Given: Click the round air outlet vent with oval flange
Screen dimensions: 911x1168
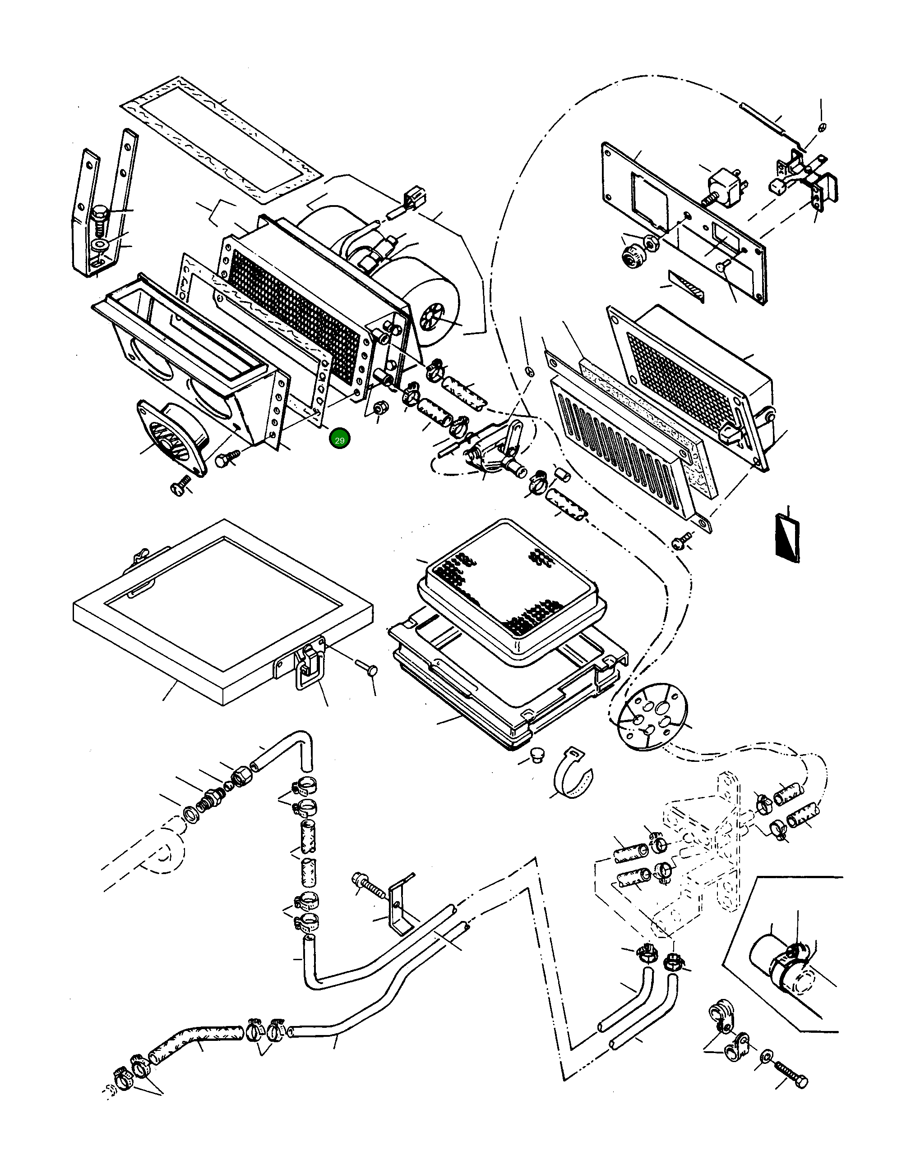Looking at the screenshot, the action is tap(172, 436).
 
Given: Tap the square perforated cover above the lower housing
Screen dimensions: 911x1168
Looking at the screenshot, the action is tap(511, 594).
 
